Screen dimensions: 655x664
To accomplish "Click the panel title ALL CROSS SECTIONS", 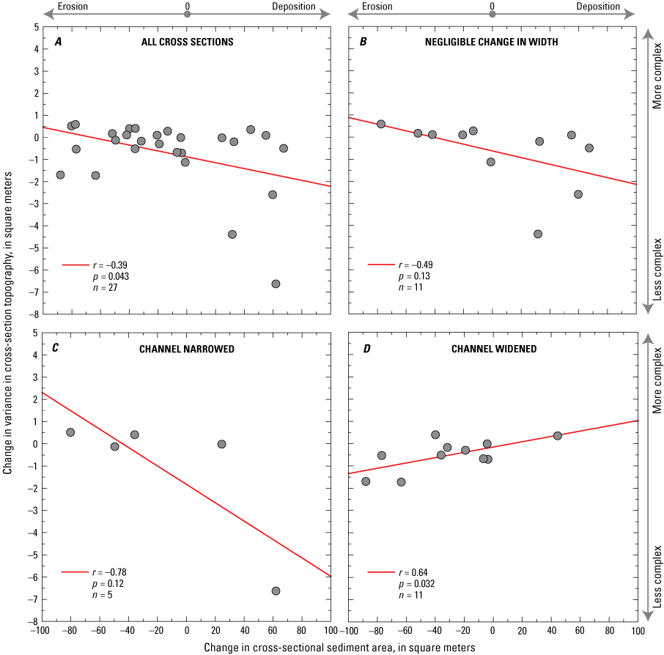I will click(187, 42).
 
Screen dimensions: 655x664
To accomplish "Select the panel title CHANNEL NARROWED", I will click(187, 349).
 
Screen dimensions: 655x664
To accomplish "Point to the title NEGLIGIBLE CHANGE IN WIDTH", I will click(492, 42).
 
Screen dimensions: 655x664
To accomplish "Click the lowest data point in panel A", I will click(276, 284).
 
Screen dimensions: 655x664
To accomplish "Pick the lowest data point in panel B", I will click(538, 234).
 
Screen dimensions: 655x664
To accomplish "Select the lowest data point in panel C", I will click(276, 591).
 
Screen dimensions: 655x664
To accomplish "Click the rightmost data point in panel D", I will click(558, 435).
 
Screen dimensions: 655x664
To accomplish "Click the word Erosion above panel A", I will click(73, 7).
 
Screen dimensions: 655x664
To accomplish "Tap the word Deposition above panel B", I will click(598, 7).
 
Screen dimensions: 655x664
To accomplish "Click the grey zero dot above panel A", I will click(187, 13).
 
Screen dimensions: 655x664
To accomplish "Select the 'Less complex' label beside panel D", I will click(657, 576).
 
